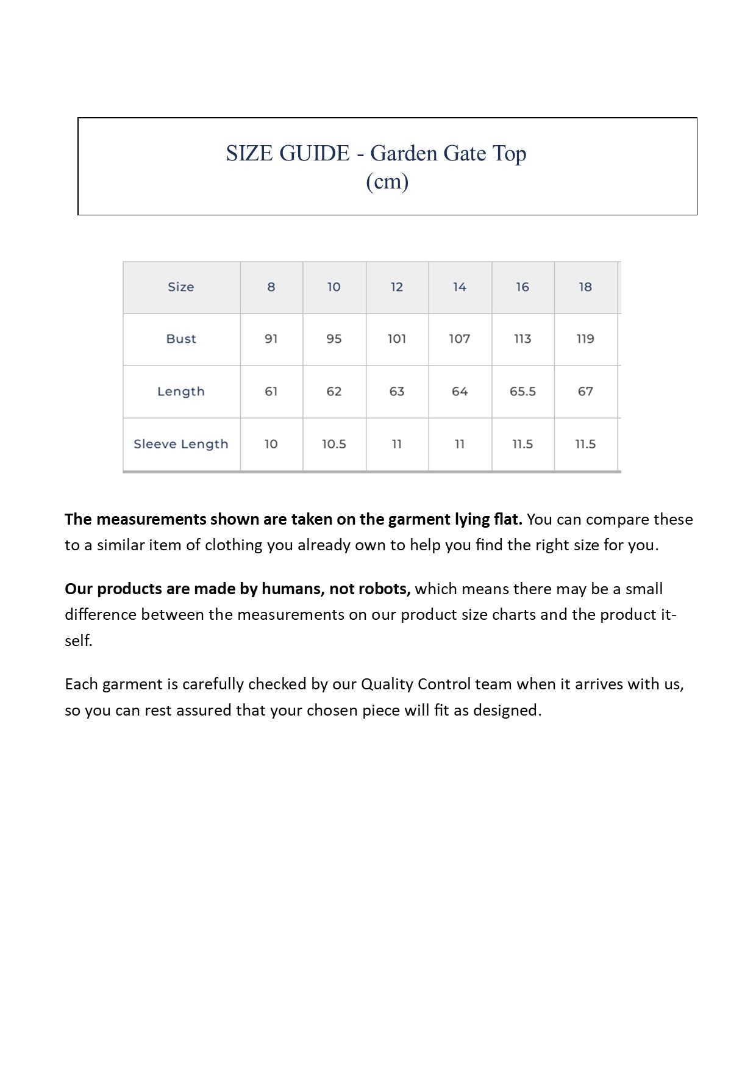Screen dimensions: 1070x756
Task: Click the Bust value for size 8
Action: (x=271, y=339)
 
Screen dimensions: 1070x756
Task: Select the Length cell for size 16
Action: (x=522, y=392)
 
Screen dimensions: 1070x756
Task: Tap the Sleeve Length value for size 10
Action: (x=334, y=444)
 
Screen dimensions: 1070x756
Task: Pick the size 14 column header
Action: (x=460, y=287)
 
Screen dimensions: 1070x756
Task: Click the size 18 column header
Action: (x=585, y=287)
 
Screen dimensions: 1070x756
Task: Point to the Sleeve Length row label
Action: (x=181, y=444)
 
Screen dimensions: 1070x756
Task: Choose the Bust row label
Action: (x=181, y=339)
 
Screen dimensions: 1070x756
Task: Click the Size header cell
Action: (x=181, y=287)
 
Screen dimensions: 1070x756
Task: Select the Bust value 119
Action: (x=585, y=339)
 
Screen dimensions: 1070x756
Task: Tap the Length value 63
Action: (x=397, y=392)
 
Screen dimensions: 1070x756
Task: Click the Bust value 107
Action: (x=460, y=339)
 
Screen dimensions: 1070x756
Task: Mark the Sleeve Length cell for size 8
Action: (x=271, y=444)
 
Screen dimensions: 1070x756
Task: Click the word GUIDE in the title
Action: (x=314, y=153)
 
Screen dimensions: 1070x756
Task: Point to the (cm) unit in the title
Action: (x=387, y=182)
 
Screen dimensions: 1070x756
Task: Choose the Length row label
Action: (x=181, y=392)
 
